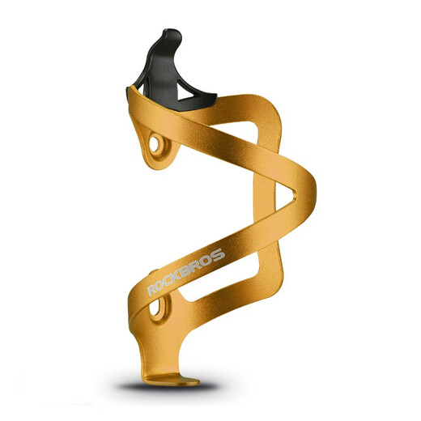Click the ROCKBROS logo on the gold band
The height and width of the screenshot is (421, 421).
pyautogui.click(x=186, y=272)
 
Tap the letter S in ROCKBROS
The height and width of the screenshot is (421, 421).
pyautogui.click(x=218, y=255)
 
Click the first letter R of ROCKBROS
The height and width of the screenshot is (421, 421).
pyautogui.click(x=151, y=291)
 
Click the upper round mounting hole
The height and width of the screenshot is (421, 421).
pyautogui.click(x=154, y=144)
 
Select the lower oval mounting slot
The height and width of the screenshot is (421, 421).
pyautogui.click(x=155, y=307)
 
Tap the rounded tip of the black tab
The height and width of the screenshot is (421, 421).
pyautogui.click(x=172, y=33)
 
